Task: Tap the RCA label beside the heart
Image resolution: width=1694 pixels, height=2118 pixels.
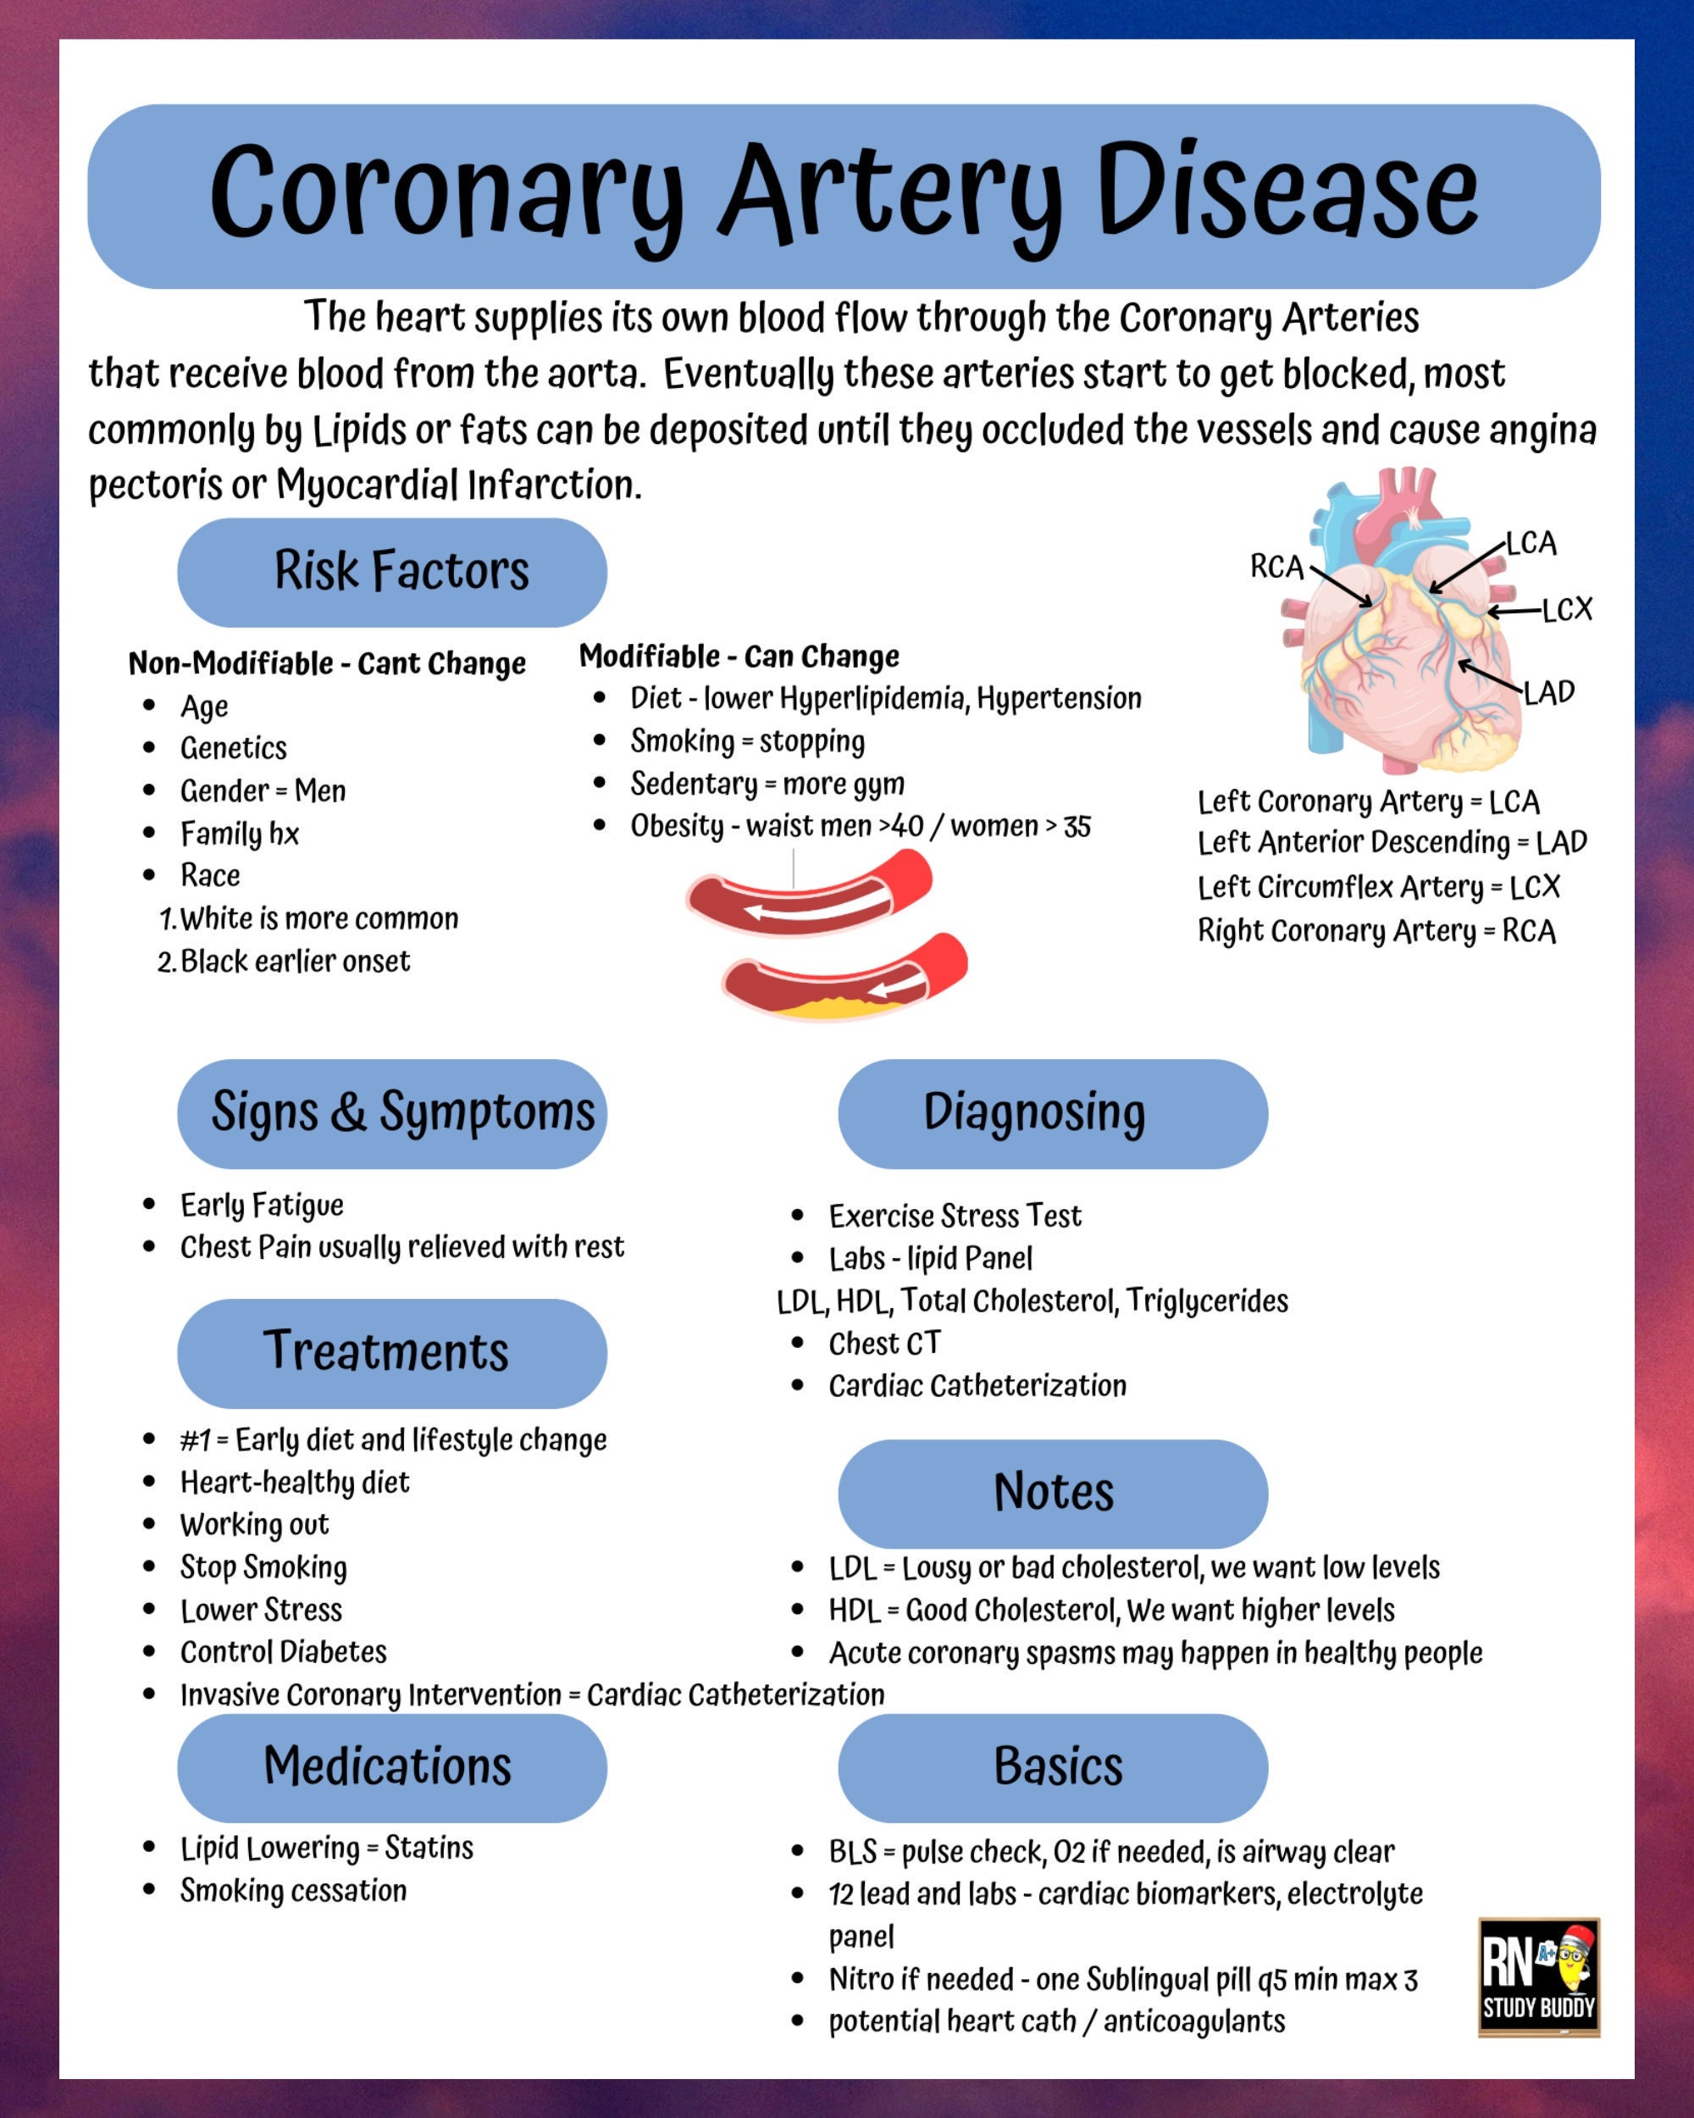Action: tap(1276, 567)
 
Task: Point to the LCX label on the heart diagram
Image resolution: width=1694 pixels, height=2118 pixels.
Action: tap(1566, 610)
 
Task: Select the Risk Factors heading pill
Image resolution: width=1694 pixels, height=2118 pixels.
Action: tap(392, 572)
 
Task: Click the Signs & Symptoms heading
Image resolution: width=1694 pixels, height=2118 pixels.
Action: tap(392, 1113)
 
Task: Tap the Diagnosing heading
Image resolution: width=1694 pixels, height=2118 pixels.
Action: tap(1052, 1113)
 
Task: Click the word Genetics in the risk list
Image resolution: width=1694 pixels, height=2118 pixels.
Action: tap(233, 749)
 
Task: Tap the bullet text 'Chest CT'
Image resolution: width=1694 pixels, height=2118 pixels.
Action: tap(883, 1343)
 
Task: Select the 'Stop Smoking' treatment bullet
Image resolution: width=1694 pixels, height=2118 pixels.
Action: tap(263, 1566)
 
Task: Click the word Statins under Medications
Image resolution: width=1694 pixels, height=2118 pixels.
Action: tap(429, 1848)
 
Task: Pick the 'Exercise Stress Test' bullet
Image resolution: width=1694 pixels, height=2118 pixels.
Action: tap(955, 1217)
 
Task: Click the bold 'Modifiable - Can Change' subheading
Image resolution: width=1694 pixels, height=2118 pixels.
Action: tap(739, 657)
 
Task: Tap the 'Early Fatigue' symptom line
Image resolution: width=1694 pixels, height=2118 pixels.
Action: tap(261, 1205)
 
